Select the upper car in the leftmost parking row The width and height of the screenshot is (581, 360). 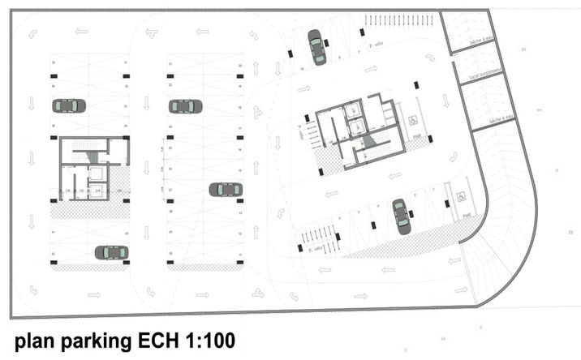[x=69, y=105]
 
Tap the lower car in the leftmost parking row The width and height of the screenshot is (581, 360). [x=111, y=252]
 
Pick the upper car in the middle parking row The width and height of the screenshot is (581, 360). [x=186, y=106]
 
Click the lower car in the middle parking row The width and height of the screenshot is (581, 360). [x=226, y=190]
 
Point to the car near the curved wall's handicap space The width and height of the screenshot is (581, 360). [x=402, y=216]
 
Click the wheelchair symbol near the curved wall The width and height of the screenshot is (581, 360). [x=460, y=195]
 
